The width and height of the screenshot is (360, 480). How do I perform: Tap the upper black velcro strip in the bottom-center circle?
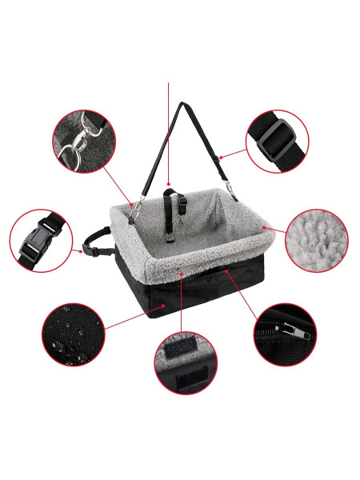(x=186, y=346)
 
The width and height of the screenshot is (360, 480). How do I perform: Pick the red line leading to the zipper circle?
(x=243, y=292)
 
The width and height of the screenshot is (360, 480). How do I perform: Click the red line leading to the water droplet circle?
(x=132, y=316)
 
